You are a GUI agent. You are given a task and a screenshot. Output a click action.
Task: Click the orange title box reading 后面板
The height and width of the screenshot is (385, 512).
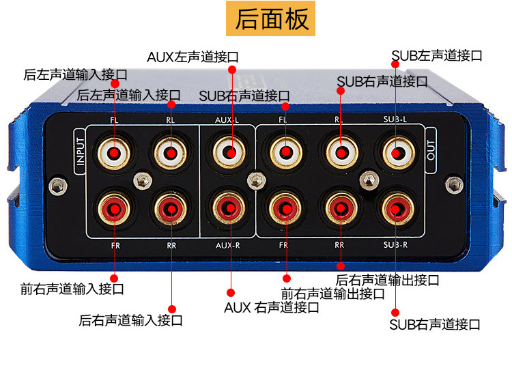(270, 18)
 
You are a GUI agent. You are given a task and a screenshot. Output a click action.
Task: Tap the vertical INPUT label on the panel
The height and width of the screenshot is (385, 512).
(80, 151)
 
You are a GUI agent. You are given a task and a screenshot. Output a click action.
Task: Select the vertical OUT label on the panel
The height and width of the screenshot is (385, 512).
(431, 150)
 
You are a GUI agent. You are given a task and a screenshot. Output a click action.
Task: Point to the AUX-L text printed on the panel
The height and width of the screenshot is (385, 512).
(227, 120)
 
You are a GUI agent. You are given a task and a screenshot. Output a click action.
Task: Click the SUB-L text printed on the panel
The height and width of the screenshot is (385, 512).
(395, 119)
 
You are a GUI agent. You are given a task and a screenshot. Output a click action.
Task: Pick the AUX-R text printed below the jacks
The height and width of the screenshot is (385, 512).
(227, 245)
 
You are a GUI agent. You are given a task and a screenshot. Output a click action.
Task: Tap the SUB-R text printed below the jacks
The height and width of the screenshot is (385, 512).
(395, 244)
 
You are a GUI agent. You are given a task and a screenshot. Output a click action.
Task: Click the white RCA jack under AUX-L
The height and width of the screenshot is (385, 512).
(229, 152)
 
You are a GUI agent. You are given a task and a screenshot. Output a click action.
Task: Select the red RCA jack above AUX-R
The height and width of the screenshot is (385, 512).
(229, 208)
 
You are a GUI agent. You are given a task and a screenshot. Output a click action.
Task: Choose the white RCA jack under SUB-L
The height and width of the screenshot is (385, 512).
(399, 152)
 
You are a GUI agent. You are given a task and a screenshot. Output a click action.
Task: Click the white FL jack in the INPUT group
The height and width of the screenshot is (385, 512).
(114, 152)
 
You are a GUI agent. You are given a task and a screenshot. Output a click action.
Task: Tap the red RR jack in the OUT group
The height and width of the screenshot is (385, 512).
(341, 208)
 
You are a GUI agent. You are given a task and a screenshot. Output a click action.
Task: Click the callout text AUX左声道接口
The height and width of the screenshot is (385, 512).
(193, 57)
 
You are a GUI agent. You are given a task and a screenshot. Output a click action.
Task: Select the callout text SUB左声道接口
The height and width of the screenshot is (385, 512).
(437, 55)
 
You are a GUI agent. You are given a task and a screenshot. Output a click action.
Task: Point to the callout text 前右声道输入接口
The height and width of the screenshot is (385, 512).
(72, 289)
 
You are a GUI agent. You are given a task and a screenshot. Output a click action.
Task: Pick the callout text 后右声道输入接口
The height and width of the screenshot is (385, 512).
(130, 320)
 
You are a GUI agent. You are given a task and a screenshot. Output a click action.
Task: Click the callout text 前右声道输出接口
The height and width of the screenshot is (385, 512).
(332, 294)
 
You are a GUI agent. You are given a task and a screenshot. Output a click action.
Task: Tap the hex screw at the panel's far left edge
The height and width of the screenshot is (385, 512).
(58, 186)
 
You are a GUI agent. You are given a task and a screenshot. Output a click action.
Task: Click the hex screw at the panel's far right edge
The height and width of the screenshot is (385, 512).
(454, 185)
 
